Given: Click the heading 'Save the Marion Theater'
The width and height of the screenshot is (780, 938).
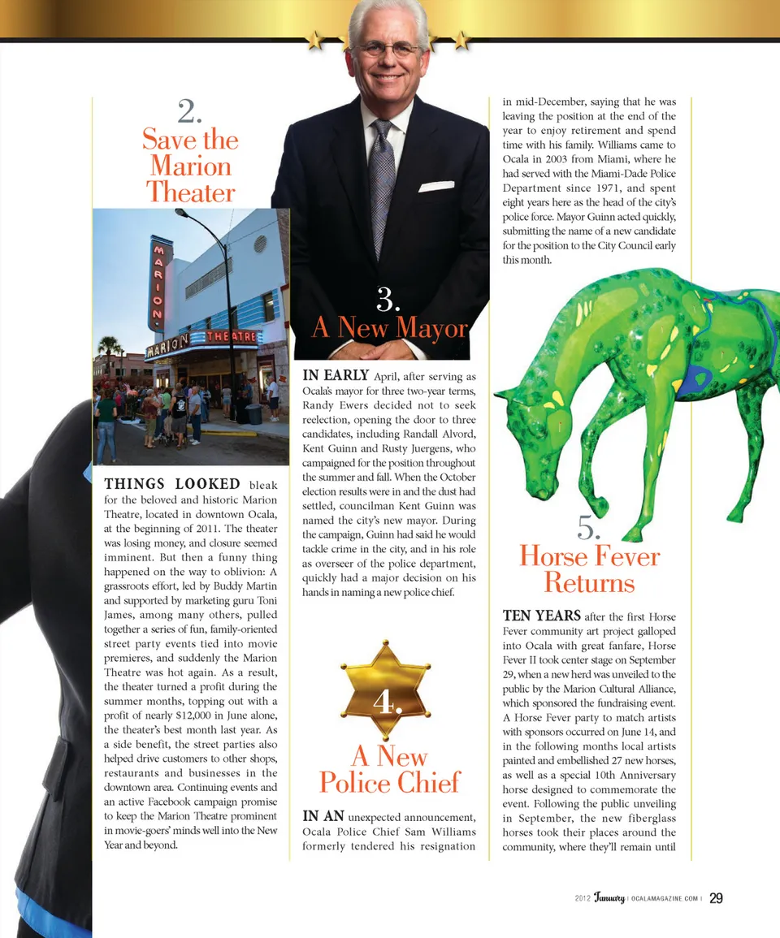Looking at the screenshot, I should [x=190, y=166].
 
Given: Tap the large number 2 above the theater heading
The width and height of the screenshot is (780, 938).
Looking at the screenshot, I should [x=189, y=111].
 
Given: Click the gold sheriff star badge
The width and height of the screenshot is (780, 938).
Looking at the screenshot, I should [x=388, y=690].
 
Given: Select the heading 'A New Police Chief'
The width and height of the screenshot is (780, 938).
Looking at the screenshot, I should [x=389, y=769].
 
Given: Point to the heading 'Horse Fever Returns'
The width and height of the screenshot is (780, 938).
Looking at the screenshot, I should [x=589, y=569].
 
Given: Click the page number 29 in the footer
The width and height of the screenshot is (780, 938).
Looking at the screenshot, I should [x=716, y=897].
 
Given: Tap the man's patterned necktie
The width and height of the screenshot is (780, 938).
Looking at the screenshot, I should [x=381, y=186].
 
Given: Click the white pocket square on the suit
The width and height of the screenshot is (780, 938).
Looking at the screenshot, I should [x=435, y=186].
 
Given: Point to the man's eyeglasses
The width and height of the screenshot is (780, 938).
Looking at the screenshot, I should [x=388, y=50].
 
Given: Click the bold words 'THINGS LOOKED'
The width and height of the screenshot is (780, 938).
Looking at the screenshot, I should [x=172, y=484].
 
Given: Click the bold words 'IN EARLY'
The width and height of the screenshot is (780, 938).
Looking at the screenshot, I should [x=336, y=375].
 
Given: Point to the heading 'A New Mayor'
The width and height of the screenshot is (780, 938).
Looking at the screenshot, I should [x=389, y=327].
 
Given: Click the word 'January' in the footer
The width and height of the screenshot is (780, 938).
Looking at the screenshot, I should [x=609, y=897].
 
